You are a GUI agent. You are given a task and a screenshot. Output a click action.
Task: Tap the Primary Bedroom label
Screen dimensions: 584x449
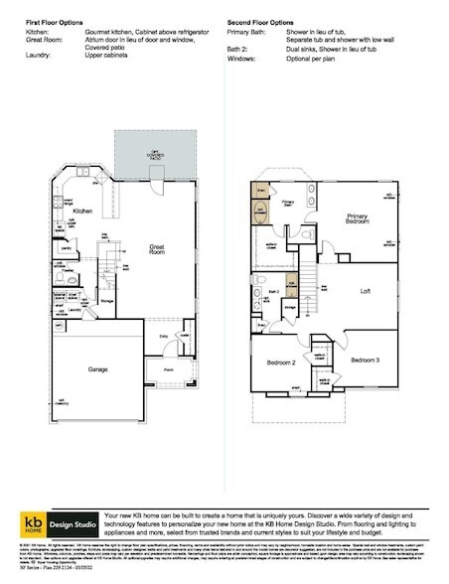coord(357,219)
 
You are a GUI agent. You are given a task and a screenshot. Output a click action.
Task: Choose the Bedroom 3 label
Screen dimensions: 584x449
coord(365,359)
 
